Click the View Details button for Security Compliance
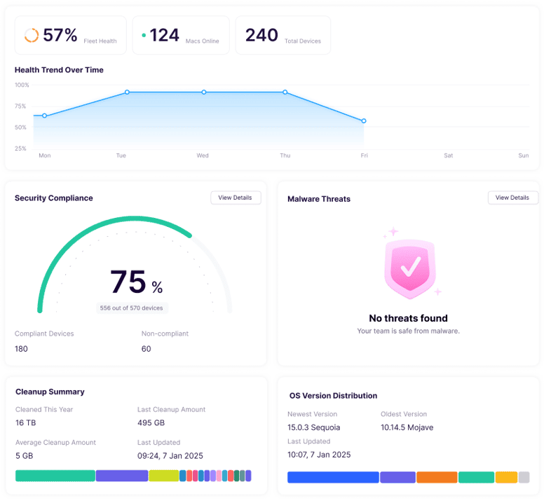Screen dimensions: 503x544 point(235,198)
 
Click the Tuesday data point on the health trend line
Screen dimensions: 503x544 point(127,92)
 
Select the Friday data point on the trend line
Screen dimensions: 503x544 point(364,121)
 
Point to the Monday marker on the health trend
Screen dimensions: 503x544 point(44,116)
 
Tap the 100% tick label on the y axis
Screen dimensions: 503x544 point(22,85)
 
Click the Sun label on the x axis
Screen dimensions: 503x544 point(523,156)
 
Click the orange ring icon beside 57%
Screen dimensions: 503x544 point(32,35)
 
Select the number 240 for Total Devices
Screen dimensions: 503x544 point(261,35)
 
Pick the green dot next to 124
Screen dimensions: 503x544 point(144,34)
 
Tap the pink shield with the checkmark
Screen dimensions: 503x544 point(409,265)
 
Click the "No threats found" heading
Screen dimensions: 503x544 point(408,318)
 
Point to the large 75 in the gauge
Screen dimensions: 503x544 point(128,282)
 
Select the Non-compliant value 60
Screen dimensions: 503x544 point(146,349)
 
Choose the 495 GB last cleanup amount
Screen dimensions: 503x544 point(151,423)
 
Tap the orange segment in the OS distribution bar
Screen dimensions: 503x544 point(436,477)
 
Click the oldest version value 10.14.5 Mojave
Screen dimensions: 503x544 point(407,427)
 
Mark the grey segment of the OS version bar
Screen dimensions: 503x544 point(524,477)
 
